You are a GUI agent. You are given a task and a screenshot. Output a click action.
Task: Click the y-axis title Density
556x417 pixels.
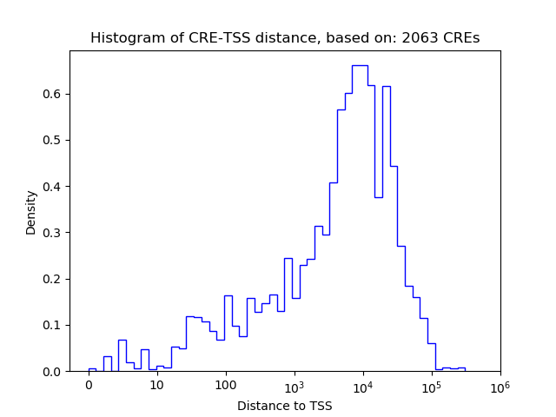pyautogui.click(x=31, y=212)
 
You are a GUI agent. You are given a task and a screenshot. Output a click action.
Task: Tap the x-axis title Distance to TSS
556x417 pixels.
pyautogui.click(x=284, y=405)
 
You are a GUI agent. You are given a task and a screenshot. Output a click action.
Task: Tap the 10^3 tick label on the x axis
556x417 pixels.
pyautogui.click(x=294, y=384)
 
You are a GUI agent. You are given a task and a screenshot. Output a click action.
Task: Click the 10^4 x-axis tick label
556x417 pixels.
pyautogui.click(x=362, y=384)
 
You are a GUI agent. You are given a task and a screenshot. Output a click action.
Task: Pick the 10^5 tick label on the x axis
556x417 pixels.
pyautogui.click(x=431, y=384)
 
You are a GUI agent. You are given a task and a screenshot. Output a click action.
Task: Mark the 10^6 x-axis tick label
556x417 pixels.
pyautogui.click(x=500, y=384)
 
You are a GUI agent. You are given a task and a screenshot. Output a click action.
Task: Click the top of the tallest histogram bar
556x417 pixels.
pyautogui.click(x=360, y=65)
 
